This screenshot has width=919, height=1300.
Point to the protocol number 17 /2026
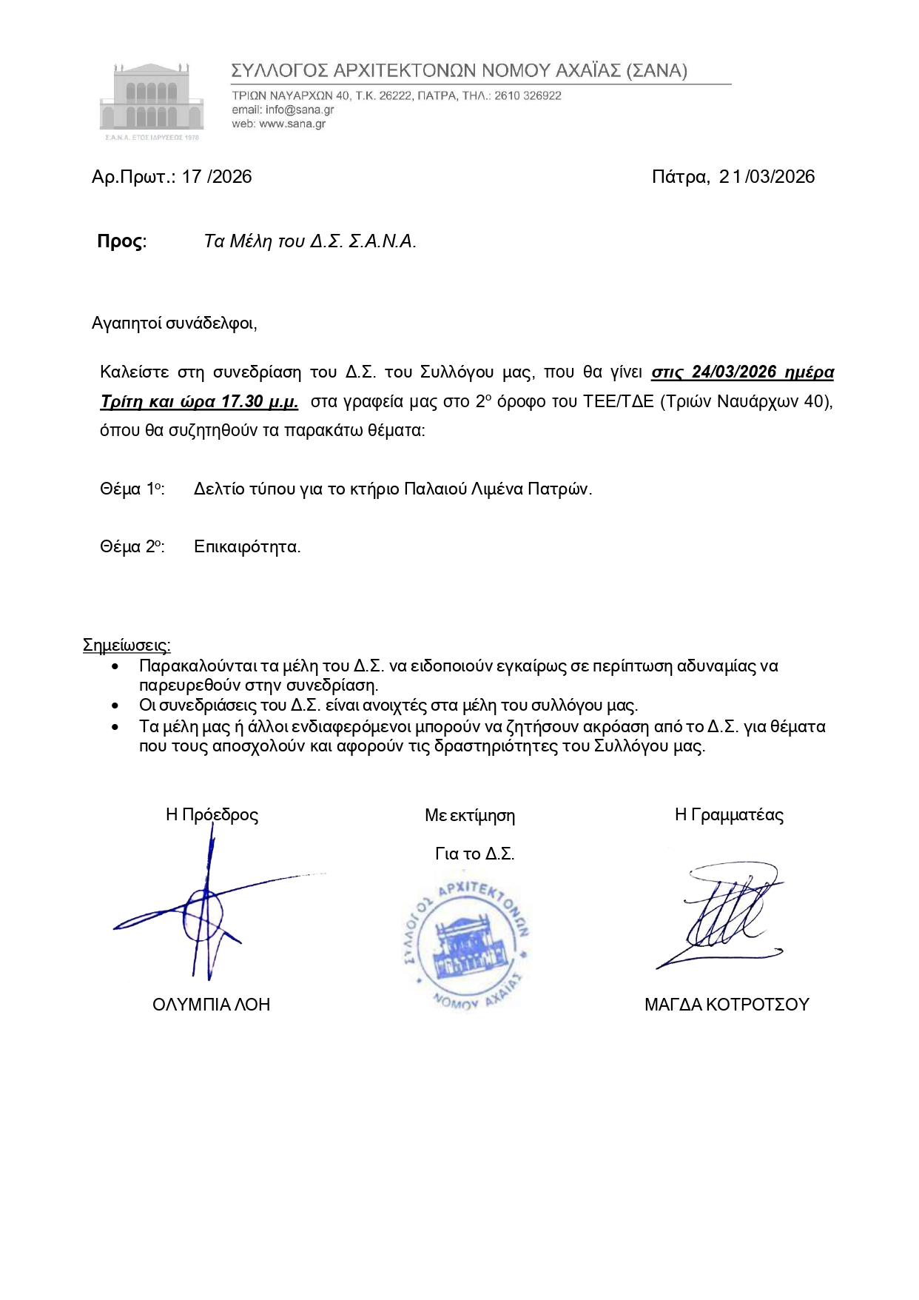pyautogui.click(x=217, y=177)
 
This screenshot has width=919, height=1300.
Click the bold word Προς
pyautogui.click(x=121, y=241)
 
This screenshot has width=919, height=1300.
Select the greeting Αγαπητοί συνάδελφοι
pyautogui.click(x=174, y=324)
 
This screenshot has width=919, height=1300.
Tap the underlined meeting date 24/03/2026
pyautogui.click(x=733, y=372)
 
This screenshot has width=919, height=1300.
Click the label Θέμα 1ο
pyautogui.click(x=132, y=489)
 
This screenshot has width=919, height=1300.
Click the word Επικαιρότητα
pyautogui.click(x=247, y=547)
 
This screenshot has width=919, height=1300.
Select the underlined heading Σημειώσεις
pyautogui.click(x=127, y=645)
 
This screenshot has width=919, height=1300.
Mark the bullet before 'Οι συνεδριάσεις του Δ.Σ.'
pyautogui.click(x=115, y=706)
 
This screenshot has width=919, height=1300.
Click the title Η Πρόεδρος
pyautogui.click(x=212, y=815)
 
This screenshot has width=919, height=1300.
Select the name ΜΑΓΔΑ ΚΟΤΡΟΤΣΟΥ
pyautogui.click(x=727, y=1005)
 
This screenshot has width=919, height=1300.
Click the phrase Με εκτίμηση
pyautogui.click(x=470, y=816)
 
